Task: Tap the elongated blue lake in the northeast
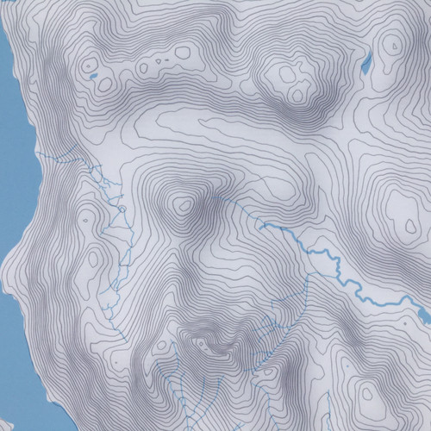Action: click(x=366, y=64)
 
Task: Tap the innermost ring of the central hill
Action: click(x=182, y=205)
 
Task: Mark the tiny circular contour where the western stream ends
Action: click(x=122, y=207)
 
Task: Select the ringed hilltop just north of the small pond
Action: click(x=87, y=63)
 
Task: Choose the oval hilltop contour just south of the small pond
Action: click(x=105, y=85)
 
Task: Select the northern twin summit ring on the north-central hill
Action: click(x=279, y=73)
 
